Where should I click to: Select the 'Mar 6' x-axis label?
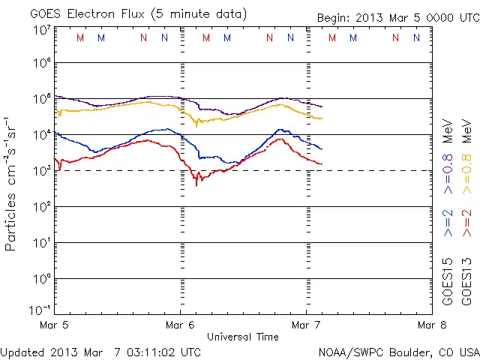[x=180, y=325]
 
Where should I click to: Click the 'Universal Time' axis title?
[x=242, y=337]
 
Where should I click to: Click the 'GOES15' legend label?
[x=448, y=281]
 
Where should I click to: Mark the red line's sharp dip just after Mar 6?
[x=196, y=183]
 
